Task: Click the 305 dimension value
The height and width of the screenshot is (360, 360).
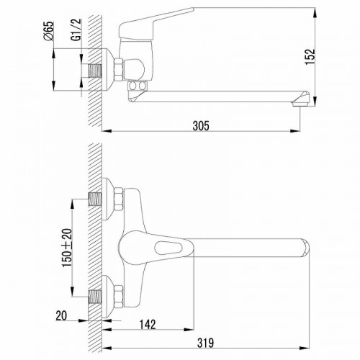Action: point(201,126)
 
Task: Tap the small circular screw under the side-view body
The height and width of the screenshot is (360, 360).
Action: point(135,85)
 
